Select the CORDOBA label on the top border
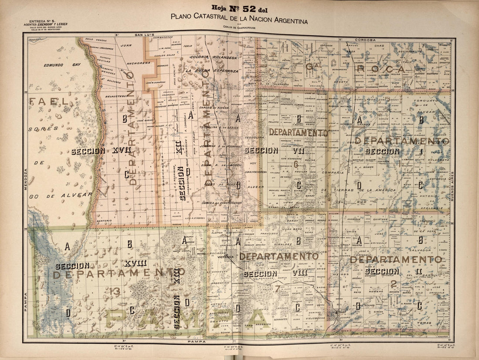point(365,40)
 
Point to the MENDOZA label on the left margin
point(25,179)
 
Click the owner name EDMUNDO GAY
point(62,64)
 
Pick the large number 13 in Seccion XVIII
point(115,291)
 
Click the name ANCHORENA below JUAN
point(138,63)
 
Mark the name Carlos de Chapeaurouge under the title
point(239,29)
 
